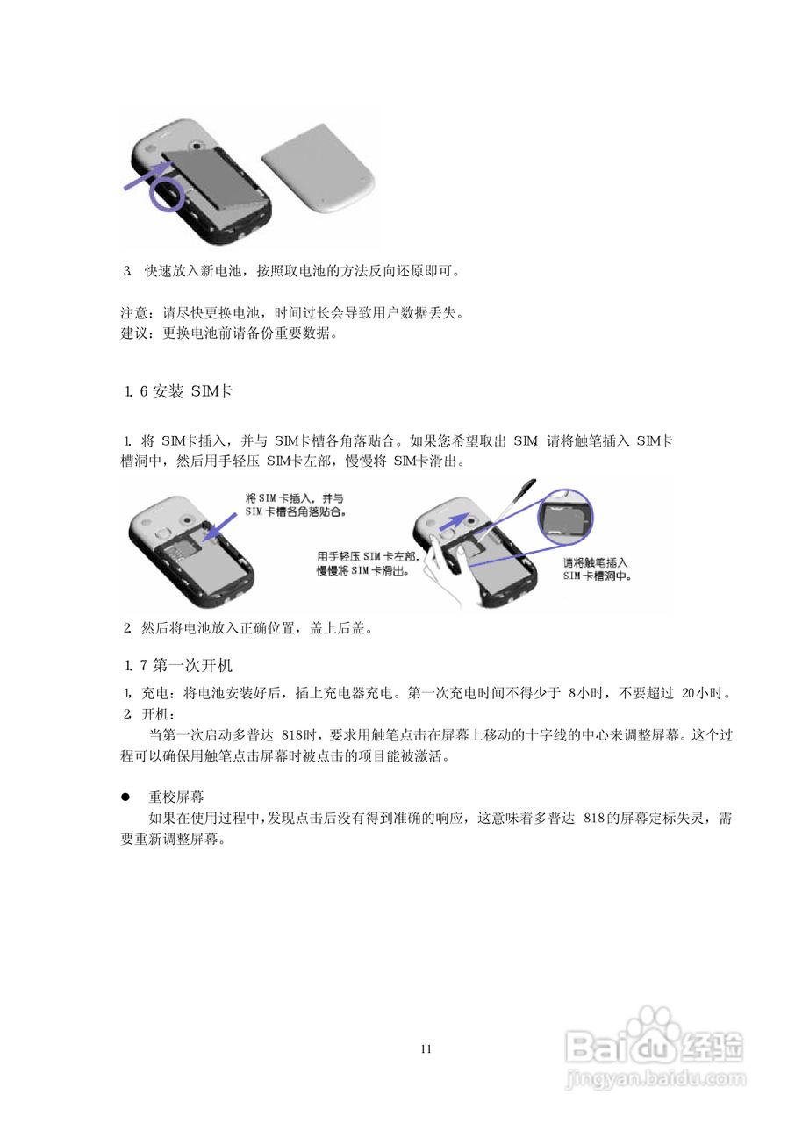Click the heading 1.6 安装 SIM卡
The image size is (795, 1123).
[178, 391]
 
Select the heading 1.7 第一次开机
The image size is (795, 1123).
[179, 664]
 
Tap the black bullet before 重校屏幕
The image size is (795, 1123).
[125, 798]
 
